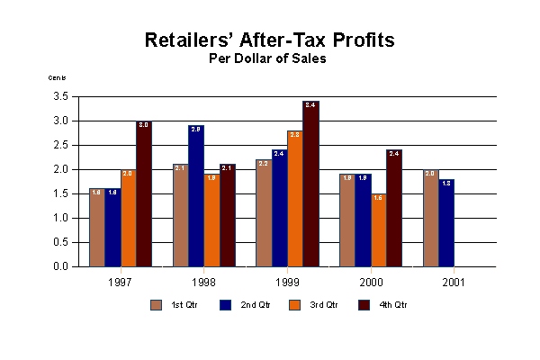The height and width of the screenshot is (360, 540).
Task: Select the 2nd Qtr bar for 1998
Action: coord(195,196)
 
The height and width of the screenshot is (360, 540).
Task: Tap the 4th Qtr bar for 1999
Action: coord(310,184)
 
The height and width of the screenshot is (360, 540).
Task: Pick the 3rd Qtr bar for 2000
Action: coord(378,229)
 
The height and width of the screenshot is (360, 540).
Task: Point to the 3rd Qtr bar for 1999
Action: coord(294,198)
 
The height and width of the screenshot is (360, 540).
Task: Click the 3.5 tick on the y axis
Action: coord(62,96)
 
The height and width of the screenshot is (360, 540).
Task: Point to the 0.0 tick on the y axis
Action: coord(62,266)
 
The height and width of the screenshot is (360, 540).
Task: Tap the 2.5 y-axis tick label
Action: coord(62,145)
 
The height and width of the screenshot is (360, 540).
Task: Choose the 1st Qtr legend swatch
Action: coord(157,304)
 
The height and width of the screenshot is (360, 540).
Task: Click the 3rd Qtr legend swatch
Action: coord(293,304)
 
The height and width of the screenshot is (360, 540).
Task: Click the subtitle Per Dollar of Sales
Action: coord(269,58)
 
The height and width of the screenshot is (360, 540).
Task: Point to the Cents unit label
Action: coord(57,78)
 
